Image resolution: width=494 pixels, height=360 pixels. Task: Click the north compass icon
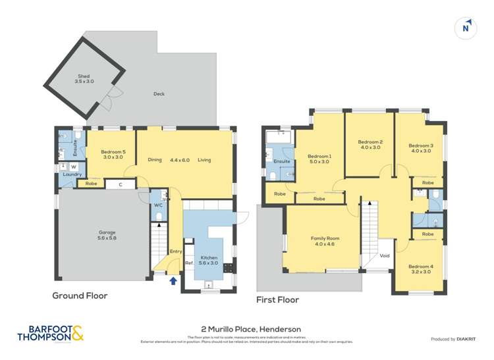(x=466, y=28)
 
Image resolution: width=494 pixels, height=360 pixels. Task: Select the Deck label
(x=159, y=94)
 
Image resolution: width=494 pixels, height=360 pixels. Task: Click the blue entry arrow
(x=173, y=281)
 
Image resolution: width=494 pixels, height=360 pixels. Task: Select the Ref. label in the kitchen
(x=188, y=263)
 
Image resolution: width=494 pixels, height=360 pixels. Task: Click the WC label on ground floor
(x=158, y=205)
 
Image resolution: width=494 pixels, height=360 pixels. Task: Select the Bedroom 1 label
(x=319, y=159)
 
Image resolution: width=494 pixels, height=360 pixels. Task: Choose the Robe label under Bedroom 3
(x=427, y=182)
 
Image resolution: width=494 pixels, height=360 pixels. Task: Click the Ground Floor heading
(x=80, y=296)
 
